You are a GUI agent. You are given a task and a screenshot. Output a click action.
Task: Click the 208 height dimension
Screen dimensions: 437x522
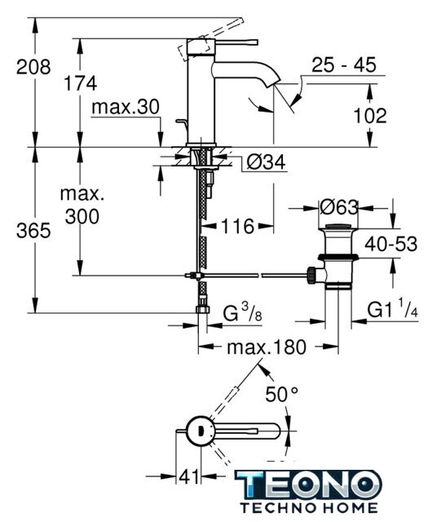point(33,67)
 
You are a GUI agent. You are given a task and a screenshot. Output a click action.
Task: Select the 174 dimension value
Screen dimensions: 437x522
point(80,83)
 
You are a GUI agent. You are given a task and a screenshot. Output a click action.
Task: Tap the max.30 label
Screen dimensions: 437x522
point(126,107)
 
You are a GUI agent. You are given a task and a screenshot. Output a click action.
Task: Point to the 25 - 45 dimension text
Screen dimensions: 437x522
point(344,65)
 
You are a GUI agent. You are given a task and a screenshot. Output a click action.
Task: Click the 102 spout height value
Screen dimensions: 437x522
point(370,116)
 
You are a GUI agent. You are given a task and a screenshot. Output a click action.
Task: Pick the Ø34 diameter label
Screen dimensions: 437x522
point(267,163)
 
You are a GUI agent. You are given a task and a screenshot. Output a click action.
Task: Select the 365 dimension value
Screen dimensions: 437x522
point(33,230)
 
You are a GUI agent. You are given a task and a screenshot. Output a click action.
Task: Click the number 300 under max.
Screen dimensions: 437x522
point(82,217)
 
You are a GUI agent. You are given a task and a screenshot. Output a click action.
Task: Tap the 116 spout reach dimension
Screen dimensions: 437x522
point(237,227)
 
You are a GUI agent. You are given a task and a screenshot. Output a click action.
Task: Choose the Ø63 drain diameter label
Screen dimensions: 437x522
point(339,207)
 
